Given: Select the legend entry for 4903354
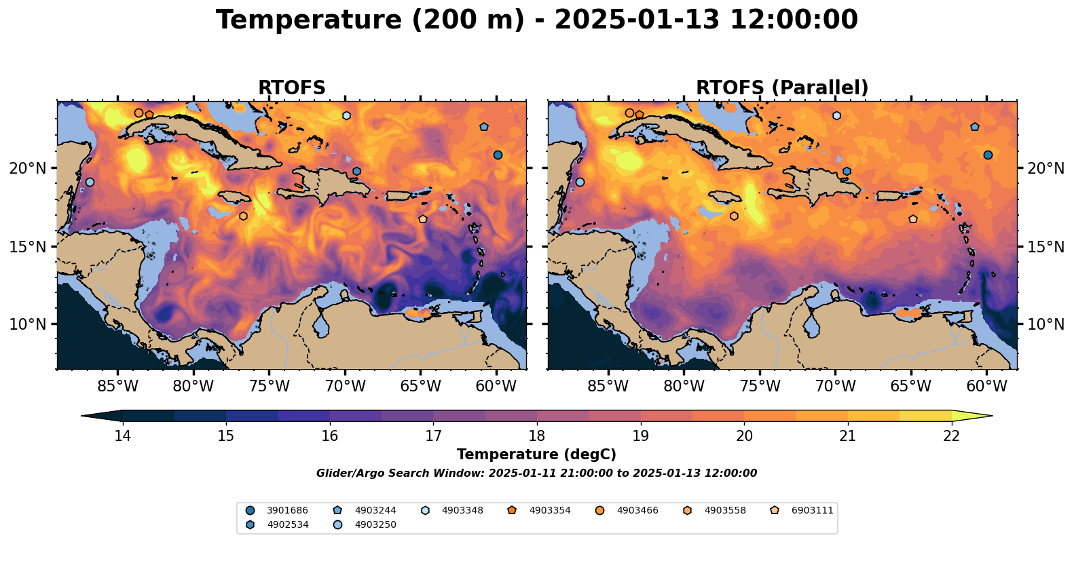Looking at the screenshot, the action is [x=539, y=510].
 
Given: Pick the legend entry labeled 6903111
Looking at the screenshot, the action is [x=801, y=510].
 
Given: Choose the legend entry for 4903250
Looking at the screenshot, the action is [x=365, y=524].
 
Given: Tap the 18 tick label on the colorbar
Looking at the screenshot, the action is [x=537, y=436].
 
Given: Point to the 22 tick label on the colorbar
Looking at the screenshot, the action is [x=951, y=436].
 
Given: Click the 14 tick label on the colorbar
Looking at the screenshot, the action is [x=123, y=436].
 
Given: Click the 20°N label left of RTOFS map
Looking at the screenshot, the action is [x=28, y=168].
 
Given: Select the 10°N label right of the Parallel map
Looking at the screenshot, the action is [x=1045, y=324].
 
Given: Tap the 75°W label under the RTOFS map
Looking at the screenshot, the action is [x=269, y=386].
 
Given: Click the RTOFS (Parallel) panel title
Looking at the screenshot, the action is [x=782, y=88].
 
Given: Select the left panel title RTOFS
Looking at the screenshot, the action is [x=291, y=88].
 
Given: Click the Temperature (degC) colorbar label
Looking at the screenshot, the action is [x=536, y=454].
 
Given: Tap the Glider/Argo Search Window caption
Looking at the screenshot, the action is [x=536, y=473].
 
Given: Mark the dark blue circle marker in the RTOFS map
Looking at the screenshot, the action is [x=498, y=155].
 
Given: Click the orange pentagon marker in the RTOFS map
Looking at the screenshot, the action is [x=149, y=115].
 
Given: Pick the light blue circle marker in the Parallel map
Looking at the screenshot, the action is [x=580, y=182].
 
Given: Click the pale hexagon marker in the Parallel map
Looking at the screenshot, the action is [x=836, y=115].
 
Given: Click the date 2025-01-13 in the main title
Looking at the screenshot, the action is [x=637, y=20].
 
